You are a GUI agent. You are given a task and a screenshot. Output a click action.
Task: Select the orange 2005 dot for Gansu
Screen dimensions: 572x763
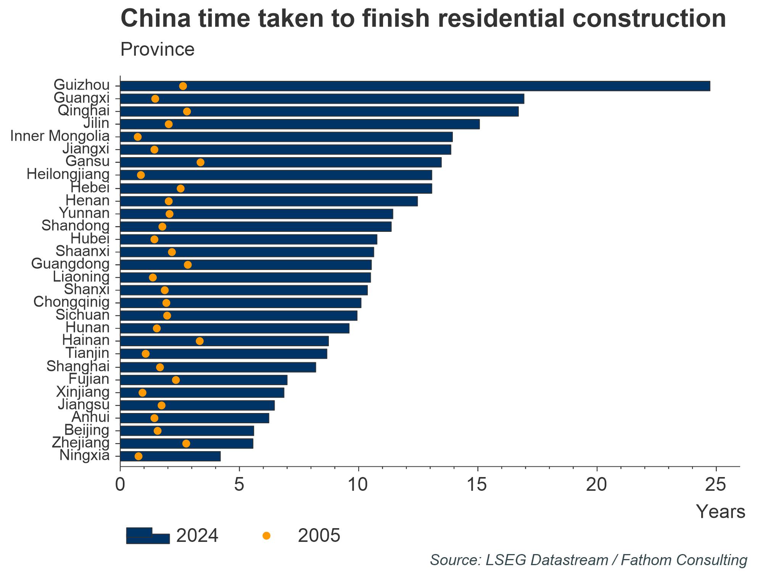pyautogui.click(x=200, y=162)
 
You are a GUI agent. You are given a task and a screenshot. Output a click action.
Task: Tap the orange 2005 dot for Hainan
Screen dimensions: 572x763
pyautogui.click(x=200, y=341)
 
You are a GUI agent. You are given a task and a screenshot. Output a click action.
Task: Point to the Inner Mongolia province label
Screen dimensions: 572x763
pyautogui.click(x=60, y=136)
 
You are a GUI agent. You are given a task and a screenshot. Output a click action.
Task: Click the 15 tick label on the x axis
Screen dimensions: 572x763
pyautogui.click(x=477, y=485)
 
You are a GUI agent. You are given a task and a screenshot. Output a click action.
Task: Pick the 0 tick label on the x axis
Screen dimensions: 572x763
pyautogui.click(x=120, y=485)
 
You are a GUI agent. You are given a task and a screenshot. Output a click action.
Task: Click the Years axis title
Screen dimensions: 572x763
pyautogui.click(x=720, y=511)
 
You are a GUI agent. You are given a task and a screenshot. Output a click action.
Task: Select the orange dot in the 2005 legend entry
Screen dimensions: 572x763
pyautogui.click(x=267, y=536)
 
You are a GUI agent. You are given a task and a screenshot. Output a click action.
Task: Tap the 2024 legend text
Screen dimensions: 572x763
pyautogui.click(x=197, y=536)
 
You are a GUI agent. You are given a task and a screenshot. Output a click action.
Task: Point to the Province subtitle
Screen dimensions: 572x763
pyautogui.click(x=157, y=50)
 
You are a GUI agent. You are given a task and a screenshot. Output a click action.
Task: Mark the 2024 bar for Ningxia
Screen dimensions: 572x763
pyautogui.click(x=170, y=456)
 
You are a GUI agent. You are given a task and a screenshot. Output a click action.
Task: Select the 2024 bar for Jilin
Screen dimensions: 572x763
pyautogui.click(x=300, y=124)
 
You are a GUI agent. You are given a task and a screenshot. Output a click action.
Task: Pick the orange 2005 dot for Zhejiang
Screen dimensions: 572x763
pyautogui.click(x=186, y=443)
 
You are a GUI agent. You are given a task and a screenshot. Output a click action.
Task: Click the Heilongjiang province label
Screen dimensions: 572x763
pyautogui.click(x=68, y=175)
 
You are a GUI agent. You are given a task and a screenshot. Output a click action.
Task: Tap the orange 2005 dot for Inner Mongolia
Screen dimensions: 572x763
pyautogui.click(x=138, y=137)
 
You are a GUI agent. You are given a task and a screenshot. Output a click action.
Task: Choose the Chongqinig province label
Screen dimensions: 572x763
pyautogui.click(x=71, y=302)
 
